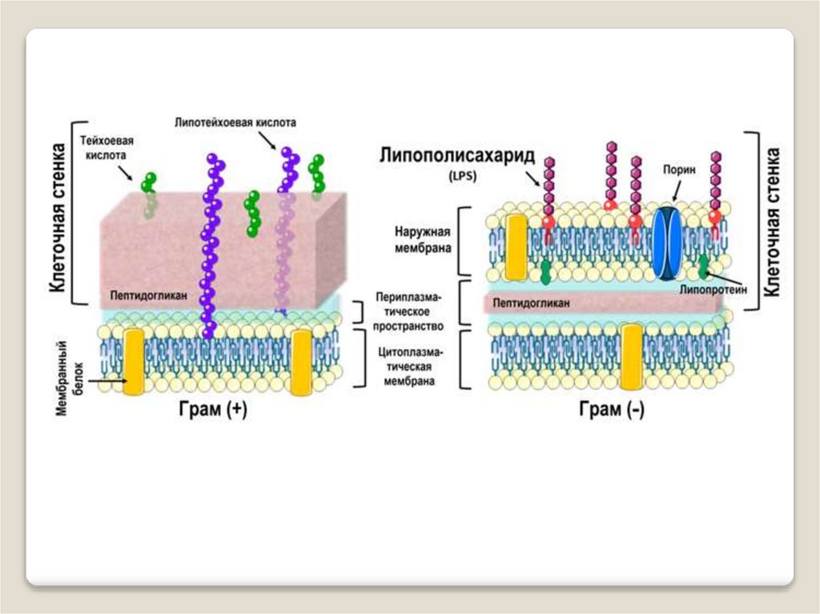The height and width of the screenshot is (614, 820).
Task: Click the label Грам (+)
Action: pyautogui.click(x=212, y=409)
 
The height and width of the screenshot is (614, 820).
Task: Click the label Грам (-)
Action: pyautogui.click(x=611, y=409)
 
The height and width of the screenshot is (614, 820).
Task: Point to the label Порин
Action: pyautogui.click(x=678, y=171)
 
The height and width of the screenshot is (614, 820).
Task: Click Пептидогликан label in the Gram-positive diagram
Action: pyautogui.click(x=150, y=295)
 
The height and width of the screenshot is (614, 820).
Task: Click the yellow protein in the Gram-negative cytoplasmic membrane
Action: pyautogui.click(x=631, y=357)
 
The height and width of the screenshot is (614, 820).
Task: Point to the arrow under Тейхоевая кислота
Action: pyautogui.click(x=125, y=171)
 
